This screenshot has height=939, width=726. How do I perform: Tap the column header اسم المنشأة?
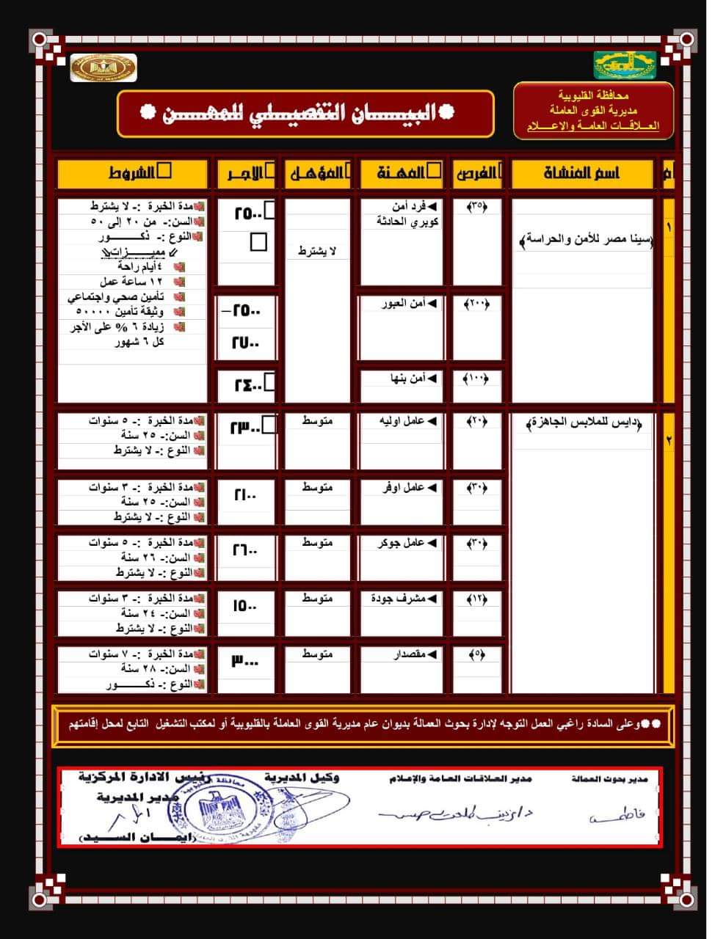581,173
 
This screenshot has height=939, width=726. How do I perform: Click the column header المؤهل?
317,173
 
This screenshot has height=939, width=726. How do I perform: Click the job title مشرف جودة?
404,599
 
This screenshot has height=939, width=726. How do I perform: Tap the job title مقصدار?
408,654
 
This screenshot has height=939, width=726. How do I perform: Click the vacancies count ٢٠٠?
477,303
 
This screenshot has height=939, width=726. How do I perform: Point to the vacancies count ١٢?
477,599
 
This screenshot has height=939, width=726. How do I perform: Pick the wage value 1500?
245,606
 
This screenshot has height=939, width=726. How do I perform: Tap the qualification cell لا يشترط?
317,252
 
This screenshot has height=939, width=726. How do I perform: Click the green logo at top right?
625,65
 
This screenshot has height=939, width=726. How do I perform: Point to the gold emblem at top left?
103,67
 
